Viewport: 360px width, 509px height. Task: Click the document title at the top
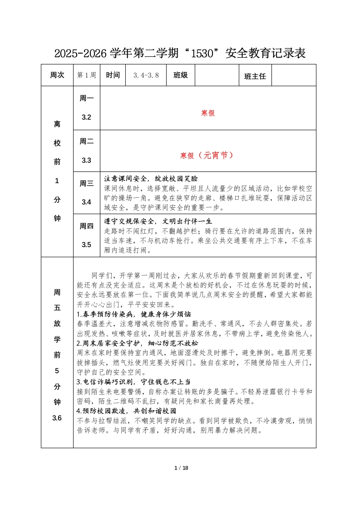[x=180, y=54]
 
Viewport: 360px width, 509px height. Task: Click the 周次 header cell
[x=57, y=75]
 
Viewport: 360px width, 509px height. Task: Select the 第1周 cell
[x=87, y=75]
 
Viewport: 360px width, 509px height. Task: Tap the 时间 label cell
[x=113, y=75]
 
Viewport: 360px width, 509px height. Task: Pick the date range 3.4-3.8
[x=146, y=75]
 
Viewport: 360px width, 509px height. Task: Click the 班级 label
[x=180, y=75]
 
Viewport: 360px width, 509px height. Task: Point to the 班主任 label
[x=255, y=77]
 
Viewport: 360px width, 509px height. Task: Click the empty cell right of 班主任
[x=294, y=75]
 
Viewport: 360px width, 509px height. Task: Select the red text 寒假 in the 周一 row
[x=207, y=113]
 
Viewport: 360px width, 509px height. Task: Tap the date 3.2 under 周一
[x=86, y=117]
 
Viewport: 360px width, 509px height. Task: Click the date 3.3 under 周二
[x=86, y=160]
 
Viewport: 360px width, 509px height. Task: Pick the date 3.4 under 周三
[x=86, y=202]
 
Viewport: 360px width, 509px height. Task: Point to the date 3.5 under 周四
[x=86, y=245]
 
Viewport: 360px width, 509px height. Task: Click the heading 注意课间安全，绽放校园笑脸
[x=151, y=179]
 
